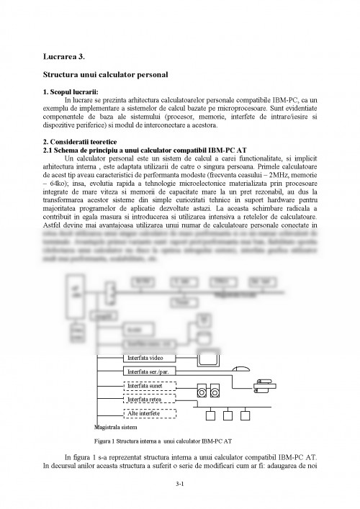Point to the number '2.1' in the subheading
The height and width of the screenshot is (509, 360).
(49, 148)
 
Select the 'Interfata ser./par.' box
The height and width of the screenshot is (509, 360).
(153, 371)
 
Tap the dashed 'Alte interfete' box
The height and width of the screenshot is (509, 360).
(150, 413)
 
